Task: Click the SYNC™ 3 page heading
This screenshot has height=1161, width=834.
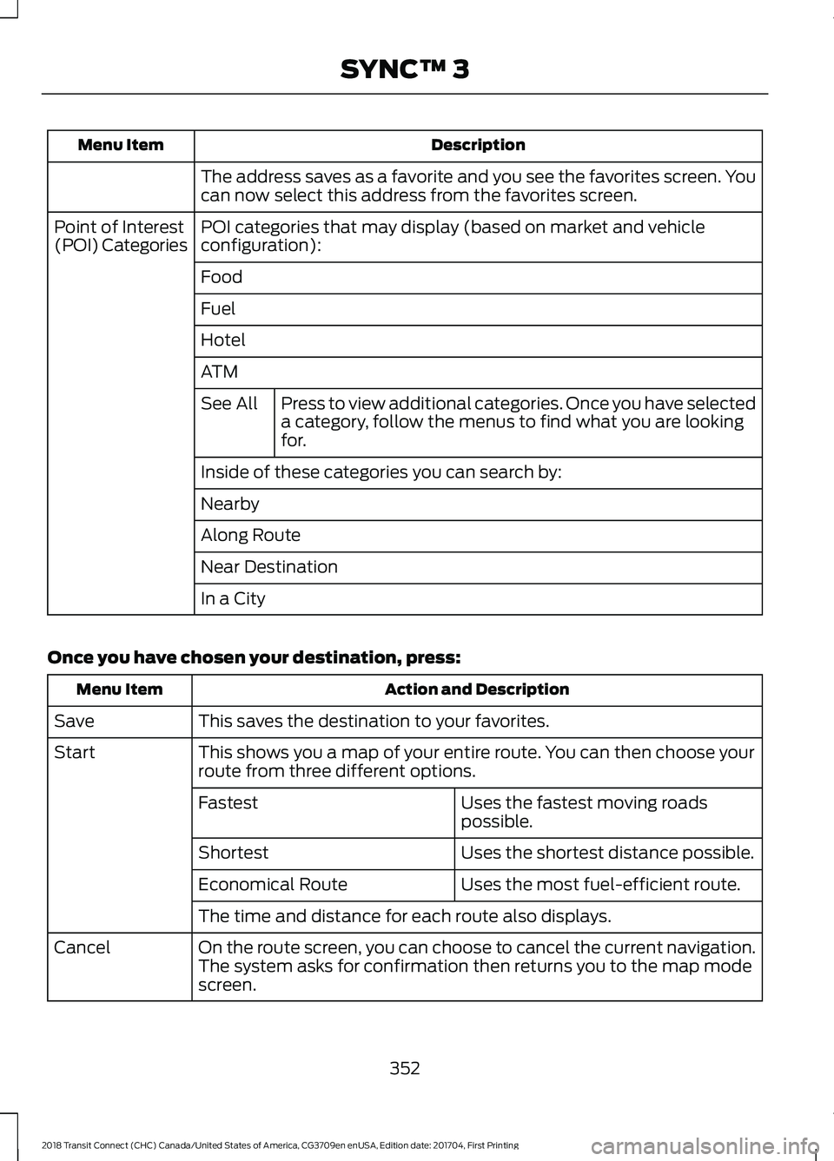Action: pos(405,69)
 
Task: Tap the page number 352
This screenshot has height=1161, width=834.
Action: pos(405,1068)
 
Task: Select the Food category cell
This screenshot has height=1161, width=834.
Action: pos(222,277)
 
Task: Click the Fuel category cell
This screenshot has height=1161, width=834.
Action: pos(218,309)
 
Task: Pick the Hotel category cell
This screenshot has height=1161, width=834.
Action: pos(223,340)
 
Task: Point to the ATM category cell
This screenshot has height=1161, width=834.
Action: pos(219,372)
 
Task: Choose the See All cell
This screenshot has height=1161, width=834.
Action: pos(229,404)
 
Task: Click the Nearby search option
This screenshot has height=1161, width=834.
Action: pos(230,505)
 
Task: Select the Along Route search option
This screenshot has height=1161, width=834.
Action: pos(250,536)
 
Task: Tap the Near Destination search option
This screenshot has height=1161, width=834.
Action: pos(269,567)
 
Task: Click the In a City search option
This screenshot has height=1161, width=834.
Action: pos(233,599)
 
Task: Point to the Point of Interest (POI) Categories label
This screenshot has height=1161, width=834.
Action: pos(120,236)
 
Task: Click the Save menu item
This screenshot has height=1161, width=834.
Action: pos(75,722)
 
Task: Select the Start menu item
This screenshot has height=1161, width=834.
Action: pos(75,753)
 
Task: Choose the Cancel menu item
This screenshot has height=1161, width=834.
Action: pos(83,948)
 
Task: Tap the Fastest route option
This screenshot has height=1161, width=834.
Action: pos(228,803)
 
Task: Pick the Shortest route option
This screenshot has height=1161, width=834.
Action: pos(234,853)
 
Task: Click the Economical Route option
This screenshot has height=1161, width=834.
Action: pos(273,885)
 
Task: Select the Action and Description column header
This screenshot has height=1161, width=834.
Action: pos(477,689)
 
